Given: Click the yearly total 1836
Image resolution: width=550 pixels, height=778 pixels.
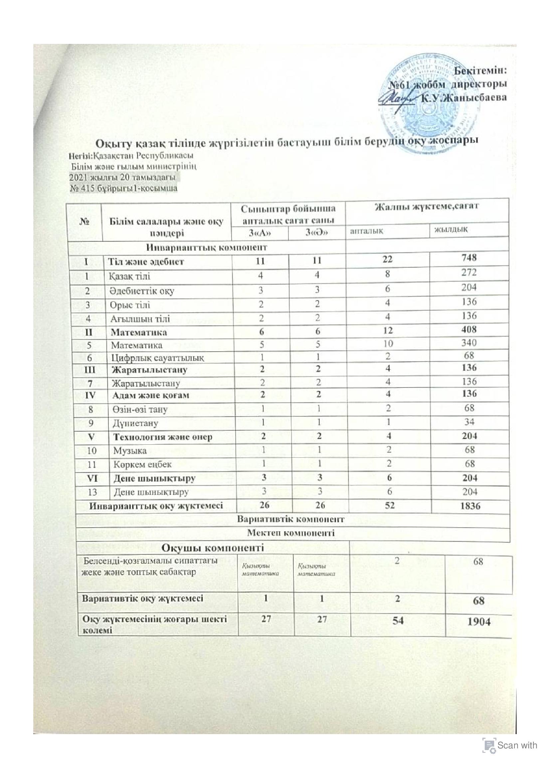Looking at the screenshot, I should [471, 506].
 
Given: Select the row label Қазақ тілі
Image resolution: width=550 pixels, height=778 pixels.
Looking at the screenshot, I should [129, 276].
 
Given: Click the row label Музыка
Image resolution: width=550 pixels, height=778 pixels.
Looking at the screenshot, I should [130, 451].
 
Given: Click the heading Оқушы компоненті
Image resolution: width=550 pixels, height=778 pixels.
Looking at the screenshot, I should [213, 547].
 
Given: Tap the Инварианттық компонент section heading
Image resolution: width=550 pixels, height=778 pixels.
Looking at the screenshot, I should [206, 247].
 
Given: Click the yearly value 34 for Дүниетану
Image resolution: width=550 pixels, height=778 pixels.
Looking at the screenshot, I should [469, 422].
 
